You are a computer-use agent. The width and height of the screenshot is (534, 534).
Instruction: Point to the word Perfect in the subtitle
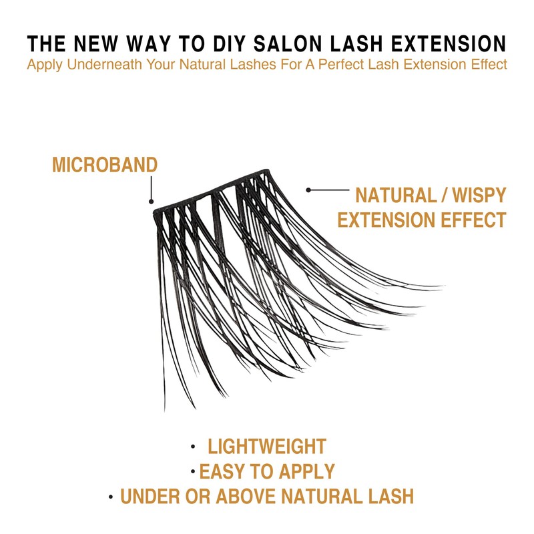coord(358,65)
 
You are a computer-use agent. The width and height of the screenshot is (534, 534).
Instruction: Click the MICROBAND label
coord(105,164)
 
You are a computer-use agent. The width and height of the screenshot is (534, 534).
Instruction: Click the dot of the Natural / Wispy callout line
coord(308,190)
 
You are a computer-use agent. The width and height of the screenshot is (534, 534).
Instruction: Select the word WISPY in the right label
coord(479,196)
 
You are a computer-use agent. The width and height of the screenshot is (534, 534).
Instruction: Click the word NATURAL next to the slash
coord(396,196)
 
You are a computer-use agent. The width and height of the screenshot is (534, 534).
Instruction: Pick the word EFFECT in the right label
coord(475,220)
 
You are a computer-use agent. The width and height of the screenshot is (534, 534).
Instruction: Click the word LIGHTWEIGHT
coord(267,447)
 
